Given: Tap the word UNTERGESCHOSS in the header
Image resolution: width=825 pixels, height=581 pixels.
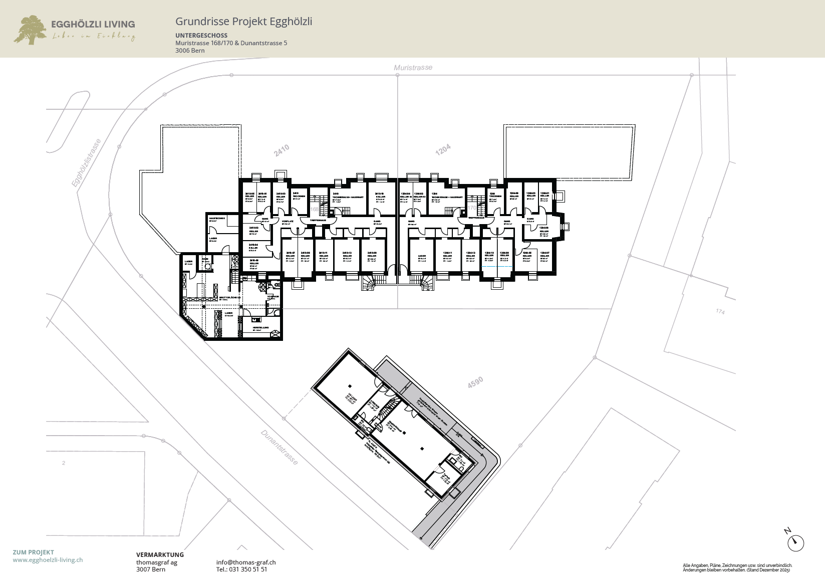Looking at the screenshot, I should coord(201,36).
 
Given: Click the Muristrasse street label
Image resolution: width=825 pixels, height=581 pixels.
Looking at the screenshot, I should coord(413,68).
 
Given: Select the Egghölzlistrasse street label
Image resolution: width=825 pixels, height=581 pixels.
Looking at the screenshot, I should coord(86,163).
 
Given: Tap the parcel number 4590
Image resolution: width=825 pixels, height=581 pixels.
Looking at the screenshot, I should coord(475,382).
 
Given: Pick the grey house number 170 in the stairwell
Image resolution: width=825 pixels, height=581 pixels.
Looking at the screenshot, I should coord(472,208).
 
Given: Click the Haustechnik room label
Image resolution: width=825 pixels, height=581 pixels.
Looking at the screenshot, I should coord(217,219).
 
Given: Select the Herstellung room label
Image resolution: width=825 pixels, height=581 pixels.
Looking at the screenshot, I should coord(260,328).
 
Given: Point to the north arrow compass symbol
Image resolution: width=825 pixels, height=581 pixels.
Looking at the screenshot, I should coord(795,542).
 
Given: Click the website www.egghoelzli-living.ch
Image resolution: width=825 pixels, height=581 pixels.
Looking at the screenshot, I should coord(48,560).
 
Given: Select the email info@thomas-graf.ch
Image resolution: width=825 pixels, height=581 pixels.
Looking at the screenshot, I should coord(246,562).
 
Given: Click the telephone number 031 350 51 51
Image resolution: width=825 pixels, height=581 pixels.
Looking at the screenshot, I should coord(241,569).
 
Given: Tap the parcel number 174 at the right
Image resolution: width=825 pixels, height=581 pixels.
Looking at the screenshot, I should coord(720,312).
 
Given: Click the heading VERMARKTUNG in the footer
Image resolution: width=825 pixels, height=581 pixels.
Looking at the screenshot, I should coord(160,555).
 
